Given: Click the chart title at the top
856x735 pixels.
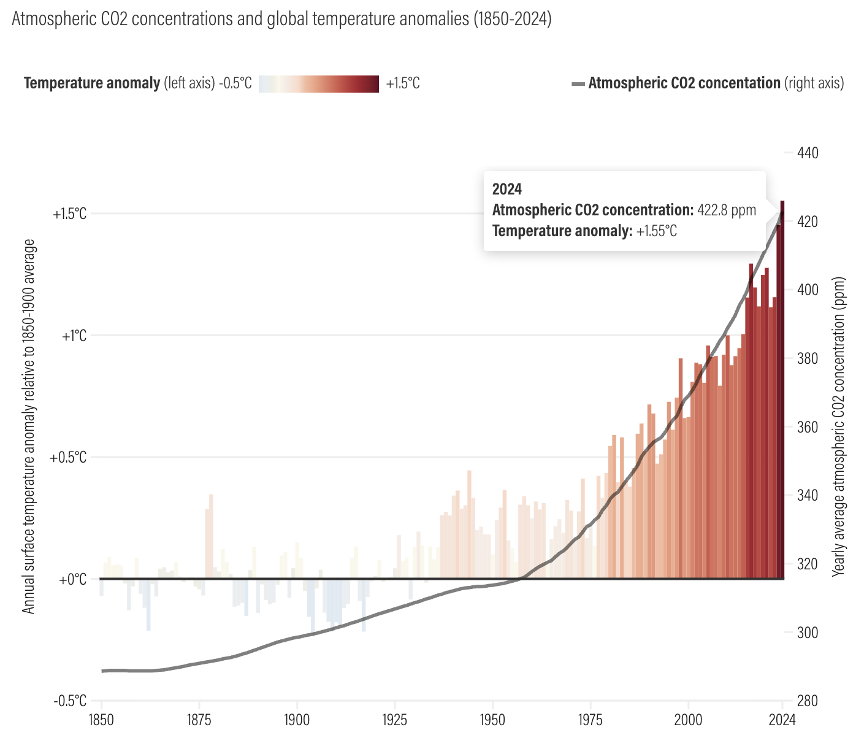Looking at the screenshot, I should point(281,19).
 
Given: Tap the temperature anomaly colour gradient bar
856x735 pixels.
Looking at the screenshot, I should point(318,83).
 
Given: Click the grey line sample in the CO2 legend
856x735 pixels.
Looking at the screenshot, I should point(578,83).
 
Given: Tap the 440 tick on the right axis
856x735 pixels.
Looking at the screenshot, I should point(806,153).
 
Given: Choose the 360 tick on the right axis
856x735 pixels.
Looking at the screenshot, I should point(806,427).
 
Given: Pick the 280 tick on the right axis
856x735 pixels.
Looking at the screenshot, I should point(806,701).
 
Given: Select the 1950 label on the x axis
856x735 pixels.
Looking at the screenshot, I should point(492,719).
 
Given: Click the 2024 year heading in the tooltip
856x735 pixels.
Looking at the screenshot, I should point(506,189).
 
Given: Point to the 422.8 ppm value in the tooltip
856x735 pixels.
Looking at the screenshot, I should point(727,210).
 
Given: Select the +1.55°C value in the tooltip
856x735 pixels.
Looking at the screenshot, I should point(657,231).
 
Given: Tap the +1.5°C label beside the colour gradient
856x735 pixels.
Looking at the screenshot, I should point(403,83).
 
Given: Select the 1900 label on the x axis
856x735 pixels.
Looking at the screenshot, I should point(297,719).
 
